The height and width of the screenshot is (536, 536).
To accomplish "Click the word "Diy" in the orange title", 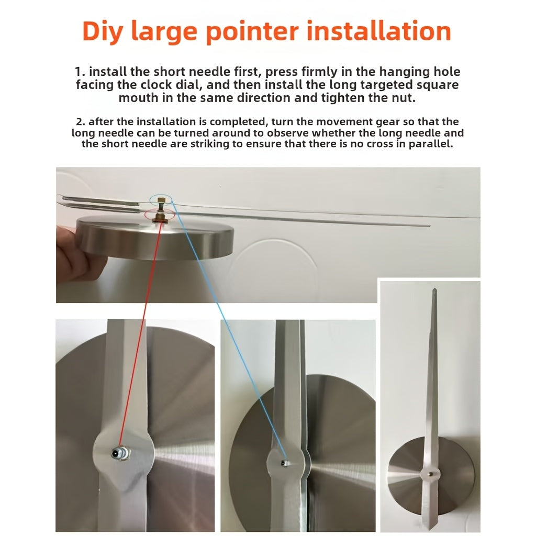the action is (103, 32).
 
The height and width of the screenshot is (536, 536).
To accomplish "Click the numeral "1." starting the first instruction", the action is (80, 72).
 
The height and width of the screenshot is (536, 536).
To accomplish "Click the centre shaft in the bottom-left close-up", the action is (120, 453).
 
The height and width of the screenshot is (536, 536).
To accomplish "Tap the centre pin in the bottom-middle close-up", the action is (284, 463).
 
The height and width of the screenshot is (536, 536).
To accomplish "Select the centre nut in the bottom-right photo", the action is (431, 474).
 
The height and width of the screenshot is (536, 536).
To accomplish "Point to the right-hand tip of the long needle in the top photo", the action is (430, 226).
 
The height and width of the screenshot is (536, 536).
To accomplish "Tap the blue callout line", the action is (228, 330).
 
